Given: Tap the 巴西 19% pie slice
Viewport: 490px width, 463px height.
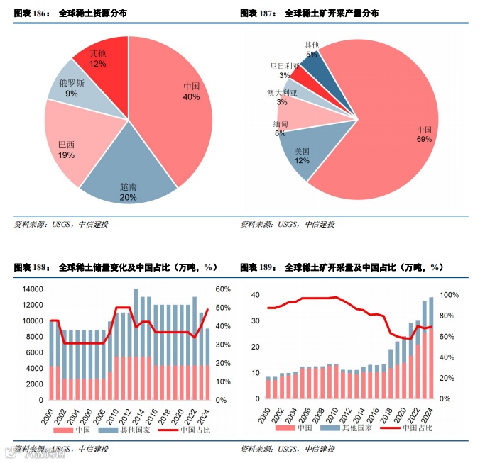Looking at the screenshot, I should [x=67, y=150].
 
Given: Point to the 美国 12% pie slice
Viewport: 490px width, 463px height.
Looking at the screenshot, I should [x=303, y=155].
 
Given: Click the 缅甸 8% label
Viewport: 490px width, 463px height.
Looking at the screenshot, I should [x=280, y=128].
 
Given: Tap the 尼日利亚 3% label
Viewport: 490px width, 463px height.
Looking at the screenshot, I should [x=284, y=70].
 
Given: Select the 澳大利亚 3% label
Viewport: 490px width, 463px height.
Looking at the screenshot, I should [x=282, y=97].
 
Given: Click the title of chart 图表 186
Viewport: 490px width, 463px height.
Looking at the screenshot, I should [x=71, y=13].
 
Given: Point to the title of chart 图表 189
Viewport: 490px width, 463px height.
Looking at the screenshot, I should [x=342, y=267].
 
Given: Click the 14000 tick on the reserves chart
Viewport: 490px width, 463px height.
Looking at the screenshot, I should [x=31, y=289].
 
